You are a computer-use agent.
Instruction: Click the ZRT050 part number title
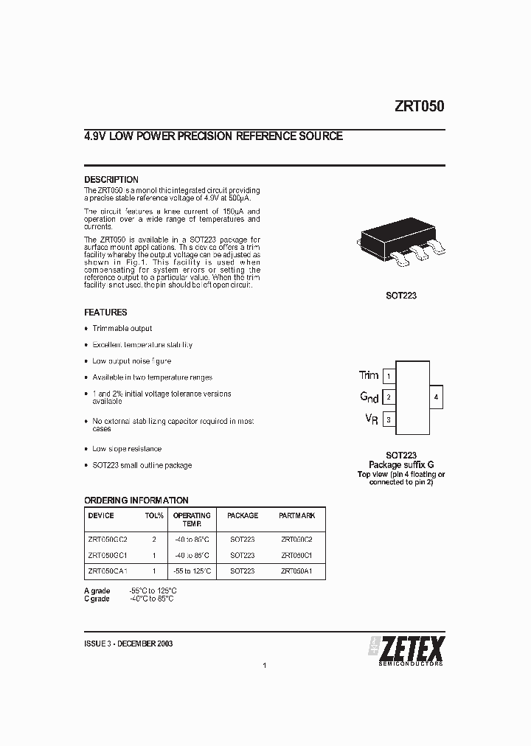tap(419, 106)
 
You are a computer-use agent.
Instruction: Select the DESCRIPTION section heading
tap(111, 180)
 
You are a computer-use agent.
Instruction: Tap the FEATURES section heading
tap(105, 313)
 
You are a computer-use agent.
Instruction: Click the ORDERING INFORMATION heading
tap(136, 501)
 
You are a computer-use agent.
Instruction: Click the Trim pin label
tap(369, 375)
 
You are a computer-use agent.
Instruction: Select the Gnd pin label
tap(369, 397)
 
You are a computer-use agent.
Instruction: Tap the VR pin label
tap(372, 419)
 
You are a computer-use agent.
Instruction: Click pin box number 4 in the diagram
tap(436, 397)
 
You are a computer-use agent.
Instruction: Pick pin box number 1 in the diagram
tap(389, 376)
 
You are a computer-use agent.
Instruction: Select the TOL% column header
tap(154, 516)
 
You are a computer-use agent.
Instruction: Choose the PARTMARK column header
tap(297, 516)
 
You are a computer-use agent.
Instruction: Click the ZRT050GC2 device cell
tap(108, 539)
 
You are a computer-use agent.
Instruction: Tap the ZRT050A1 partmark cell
tap(297, 571)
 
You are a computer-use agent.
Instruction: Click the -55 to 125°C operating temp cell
tap(192, 571)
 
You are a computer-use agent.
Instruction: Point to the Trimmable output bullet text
tap(122, 329)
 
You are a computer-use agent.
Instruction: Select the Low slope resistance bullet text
tap(127, 449)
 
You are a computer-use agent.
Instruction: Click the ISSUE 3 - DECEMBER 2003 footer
tap(129, 644)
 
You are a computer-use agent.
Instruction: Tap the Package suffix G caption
tap(401, 465)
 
